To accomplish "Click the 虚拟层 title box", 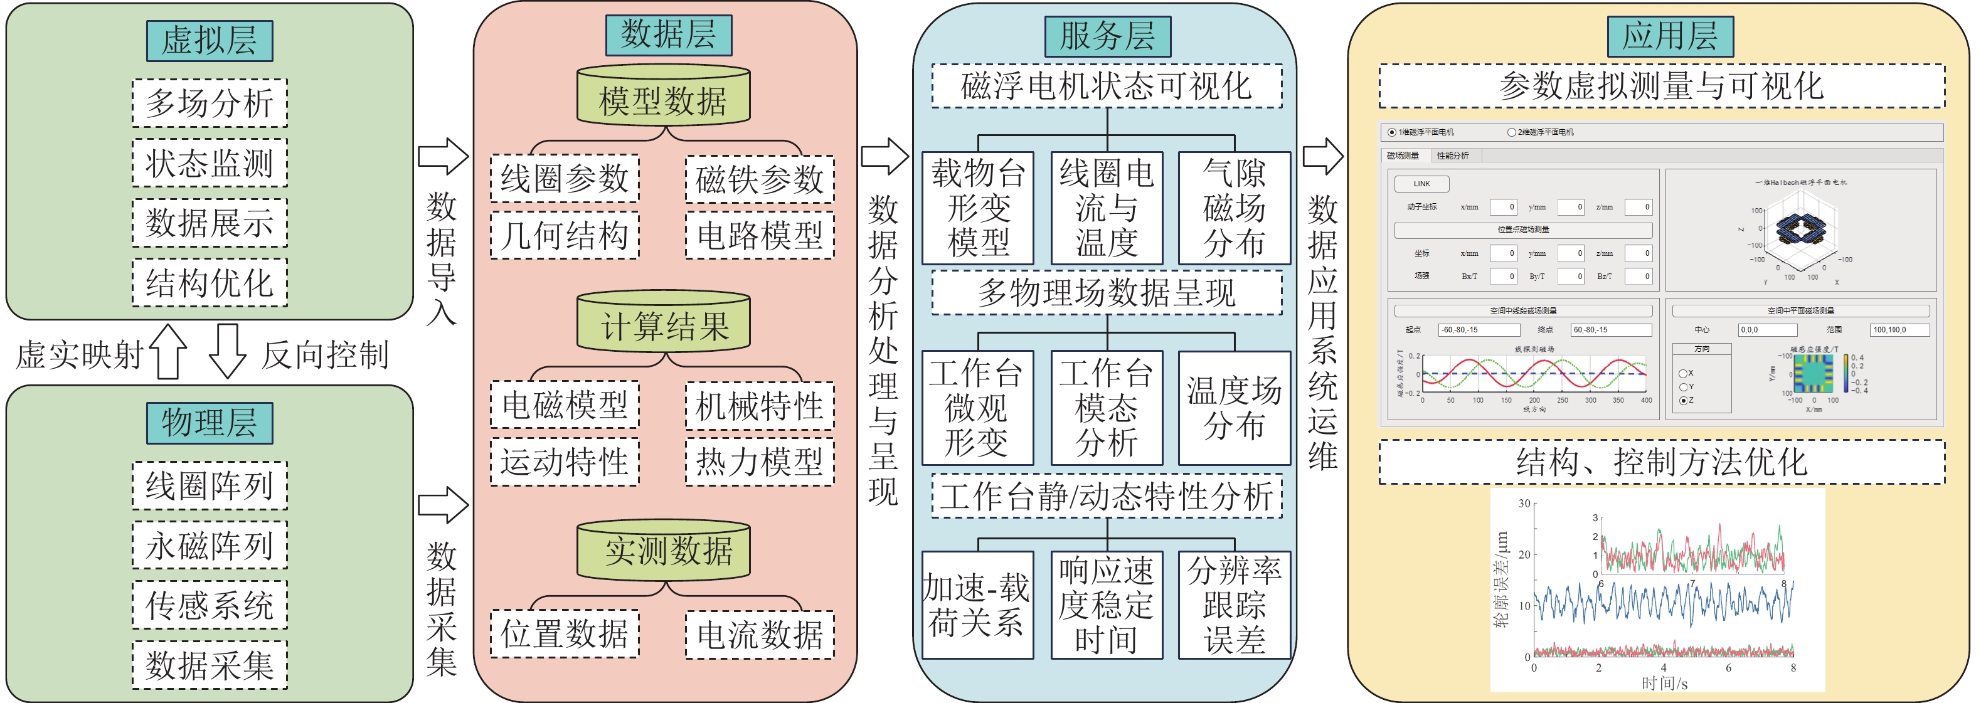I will (210, 41).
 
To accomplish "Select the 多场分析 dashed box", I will (210, 103).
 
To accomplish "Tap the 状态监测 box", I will (210, 162).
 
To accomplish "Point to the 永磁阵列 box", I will (210, 545).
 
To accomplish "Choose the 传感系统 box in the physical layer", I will (210, 605).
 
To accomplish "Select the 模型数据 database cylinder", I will (664, 97).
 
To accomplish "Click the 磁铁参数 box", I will (760, 179).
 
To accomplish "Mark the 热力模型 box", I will (760, 462).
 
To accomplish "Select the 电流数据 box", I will (760, 634).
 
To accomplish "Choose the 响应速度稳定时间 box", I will (1106, 605).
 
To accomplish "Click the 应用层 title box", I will (1670, 36).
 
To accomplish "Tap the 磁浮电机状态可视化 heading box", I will (1106, 86).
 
